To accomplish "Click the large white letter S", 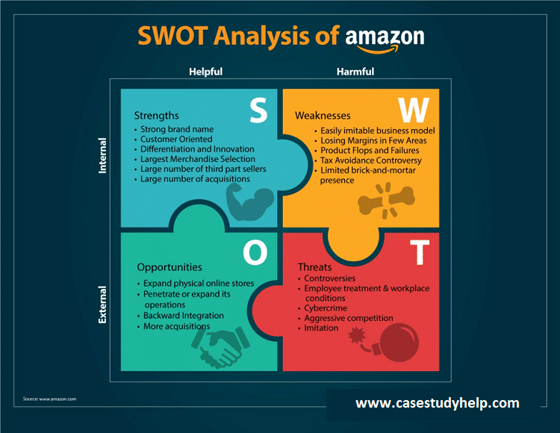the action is coord(258,110).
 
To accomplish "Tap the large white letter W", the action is coord(414,110).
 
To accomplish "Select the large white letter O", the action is coord(255,253).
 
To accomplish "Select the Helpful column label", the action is coord(205,72).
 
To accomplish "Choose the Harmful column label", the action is coord(355,72).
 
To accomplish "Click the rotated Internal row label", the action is coord(103,155).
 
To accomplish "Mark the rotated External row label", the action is coord(103,304).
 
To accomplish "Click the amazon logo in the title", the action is coord(385,38).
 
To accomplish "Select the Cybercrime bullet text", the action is coord(326,308).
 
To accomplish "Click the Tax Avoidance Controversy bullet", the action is coord(370,161).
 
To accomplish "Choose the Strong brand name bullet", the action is coord(176,129).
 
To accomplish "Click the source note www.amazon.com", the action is coord(49,399).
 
